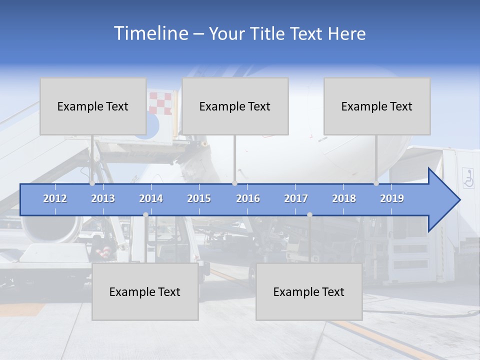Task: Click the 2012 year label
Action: pyautogui.click(x=55, y=198)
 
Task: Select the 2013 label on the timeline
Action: pyautogui.click(x=103, y=198)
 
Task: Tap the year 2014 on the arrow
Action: pyautogui.click(x=151, y=198)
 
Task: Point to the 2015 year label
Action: pyautogui.click(x=199, y=198)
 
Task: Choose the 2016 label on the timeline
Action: pyautogui.click(x=248, y=198)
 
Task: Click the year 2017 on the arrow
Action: pyautogui.click(x=296, y=198)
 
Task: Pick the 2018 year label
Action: pyautogui.click(x=344, y=198)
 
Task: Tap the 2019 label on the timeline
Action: pyautogui.click(x=392, y=198)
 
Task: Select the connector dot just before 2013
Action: pyautogui.click(x=92, y=183)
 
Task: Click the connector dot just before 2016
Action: pyautogui.click(x=234, y=183)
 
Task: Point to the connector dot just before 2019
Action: pyautogui.click(x=376, y=183)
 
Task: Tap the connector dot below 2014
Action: pyautogui.click(x=145, y=215)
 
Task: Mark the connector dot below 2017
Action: pyautogui.click(x=309, y=215)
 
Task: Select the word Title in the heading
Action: pyautogui.click(x=268, y=34)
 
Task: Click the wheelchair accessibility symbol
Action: pyautogui.click(x=468, y=178)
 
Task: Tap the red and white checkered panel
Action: pyautogui.click(x=160, y=103)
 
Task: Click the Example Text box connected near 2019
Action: pyautogui.click(x=377, y=106)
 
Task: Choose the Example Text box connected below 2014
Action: pyautogui.click(x=145, y=291)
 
